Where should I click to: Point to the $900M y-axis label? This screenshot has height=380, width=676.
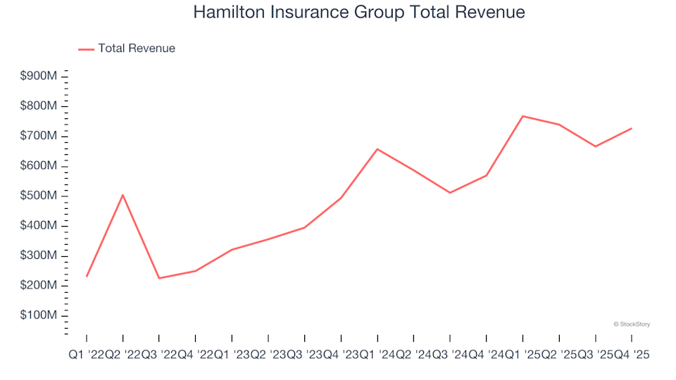tap(38, 76)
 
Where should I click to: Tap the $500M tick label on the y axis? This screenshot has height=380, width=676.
tap(38, 196)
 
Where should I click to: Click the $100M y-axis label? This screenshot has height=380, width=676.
tap(38, 315)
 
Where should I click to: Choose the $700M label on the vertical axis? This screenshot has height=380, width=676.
tap(38, 136)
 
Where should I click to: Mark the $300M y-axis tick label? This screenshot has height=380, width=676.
tap(38, 255)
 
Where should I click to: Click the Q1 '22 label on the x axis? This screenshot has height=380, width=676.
tap(86, 355)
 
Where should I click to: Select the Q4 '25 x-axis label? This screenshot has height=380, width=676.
tap(630, 355)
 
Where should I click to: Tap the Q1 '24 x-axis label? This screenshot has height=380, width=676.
tap(377, 355)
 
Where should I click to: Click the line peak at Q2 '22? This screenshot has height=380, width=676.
tap(123, 195)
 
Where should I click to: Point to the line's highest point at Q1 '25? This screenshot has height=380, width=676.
tap(522, 116)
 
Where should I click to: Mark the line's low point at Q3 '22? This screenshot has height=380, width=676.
tap(159, 278)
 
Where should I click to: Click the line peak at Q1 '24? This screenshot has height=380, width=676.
tap(377, 149)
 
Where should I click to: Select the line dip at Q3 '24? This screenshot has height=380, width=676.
tap(450, 193)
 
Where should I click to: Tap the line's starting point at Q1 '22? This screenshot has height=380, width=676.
tap(87, 276)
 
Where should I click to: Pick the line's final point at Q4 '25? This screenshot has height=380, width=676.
tap(631, 128)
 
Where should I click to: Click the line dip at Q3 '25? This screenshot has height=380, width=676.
tap(595, 146)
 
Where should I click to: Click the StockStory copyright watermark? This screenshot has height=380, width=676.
tap(632, 324)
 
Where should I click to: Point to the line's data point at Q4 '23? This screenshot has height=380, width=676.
tap(341, 198)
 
